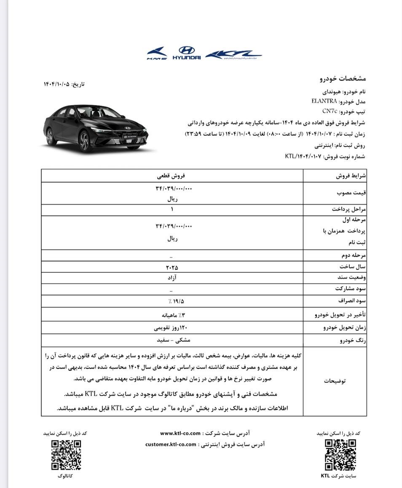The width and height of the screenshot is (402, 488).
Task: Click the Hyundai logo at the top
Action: click(187, 53)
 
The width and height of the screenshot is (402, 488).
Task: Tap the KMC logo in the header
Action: click(157, 54)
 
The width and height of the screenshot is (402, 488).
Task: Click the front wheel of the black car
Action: click(85, 141)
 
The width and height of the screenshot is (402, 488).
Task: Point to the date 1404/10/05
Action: click(57, 84)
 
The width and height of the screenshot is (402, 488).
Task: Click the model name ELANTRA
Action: click(324, 101)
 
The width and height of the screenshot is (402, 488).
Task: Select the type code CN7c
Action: click(330, 111)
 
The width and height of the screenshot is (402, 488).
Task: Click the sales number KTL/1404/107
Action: click(303, 156)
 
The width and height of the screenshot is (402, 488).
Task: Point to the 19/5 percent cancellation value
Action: click(175, 301)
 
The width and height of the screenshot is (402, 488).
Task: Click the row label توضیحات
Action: click(335, 381)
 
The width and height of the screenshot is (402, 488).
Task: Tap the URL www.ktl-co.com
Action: click(180, 433)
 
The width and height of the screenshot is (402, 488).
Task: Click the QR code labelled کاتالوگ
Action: click(66, 455)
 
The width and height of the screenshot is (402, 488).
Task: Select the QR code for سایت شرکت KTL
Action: click(340, 455)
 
